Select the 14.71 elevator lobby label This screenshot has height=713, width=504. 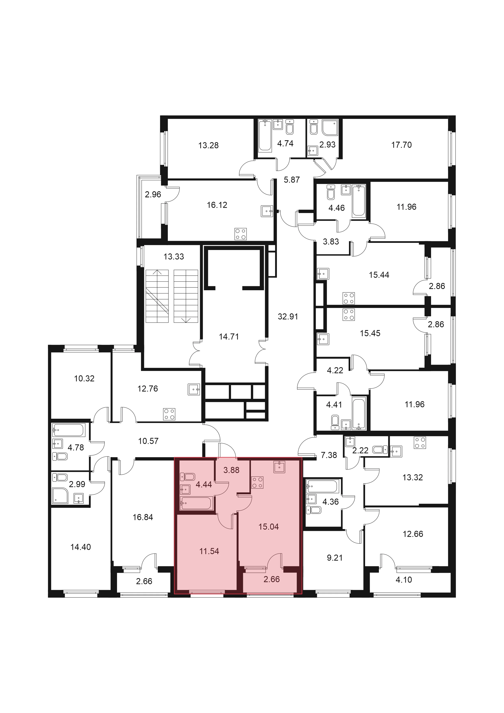pos(229,337)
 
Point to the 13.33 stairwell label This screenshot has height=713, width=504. pos(174,257)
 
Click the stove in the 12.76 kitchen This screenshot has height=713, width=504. pos(169,414)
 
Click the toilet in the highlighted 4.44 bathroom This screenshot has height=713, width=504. pos(187,476)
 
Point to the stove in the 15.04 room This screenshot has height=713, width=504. pos(257,483)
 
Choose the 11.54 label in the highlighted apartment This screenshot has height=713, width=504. pos(209,551)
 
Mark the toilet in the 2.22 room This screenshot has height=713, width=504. pos(380,449)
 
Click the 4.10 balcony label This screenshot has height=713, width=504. pos(404,580)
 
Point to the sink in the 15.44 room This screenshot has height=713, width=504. pos(323,274)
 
